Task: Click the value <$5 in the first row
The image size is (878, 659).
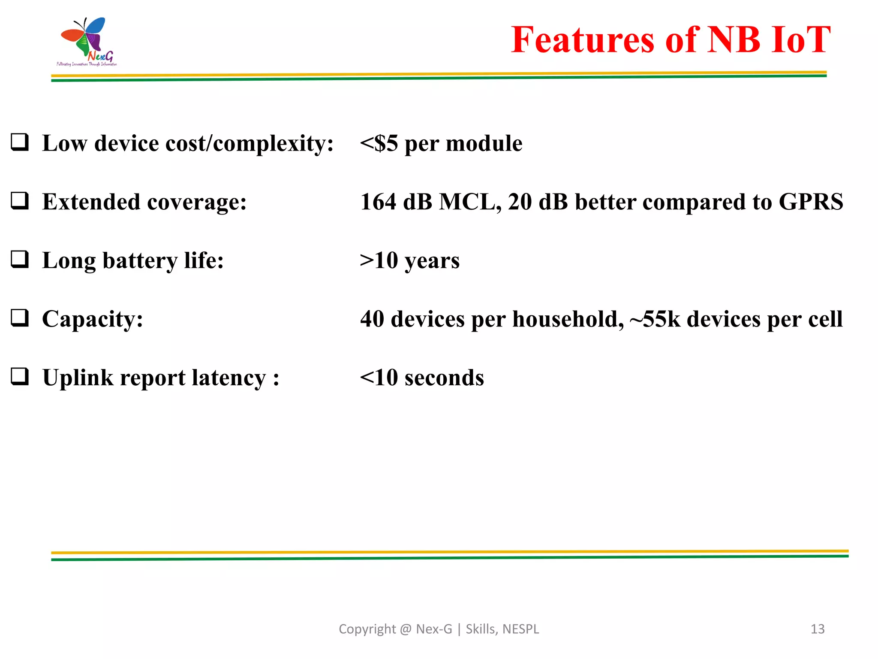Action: [379, 143]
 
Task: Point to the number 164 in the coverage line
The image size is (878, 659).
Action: [378, 202]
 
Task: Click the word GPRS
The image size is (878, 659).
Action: [811, 202]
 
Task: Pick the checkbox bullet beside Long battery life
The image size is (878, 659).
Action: [20, 259]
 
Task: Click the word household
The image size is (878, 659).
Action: [568, 319]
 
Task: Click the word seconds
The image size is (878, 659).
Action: [444, 378]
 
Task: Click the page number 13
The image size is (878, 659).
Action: [817, 629]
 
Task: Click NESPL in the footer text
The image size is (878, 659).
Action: [520, 629]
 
